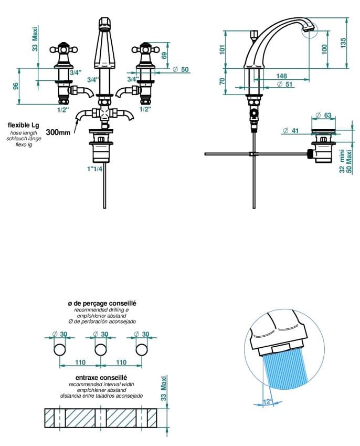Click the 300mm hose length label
point(58,132)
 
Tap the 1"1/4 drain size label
point(96,169)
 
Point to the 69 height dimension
point(164,55)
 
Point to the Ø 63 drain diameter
point(323,116)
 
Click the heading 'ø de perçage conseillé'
point(102,304)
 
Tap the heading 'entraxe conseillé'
point(102,377)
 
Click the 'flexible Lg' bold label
point(23,125)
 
